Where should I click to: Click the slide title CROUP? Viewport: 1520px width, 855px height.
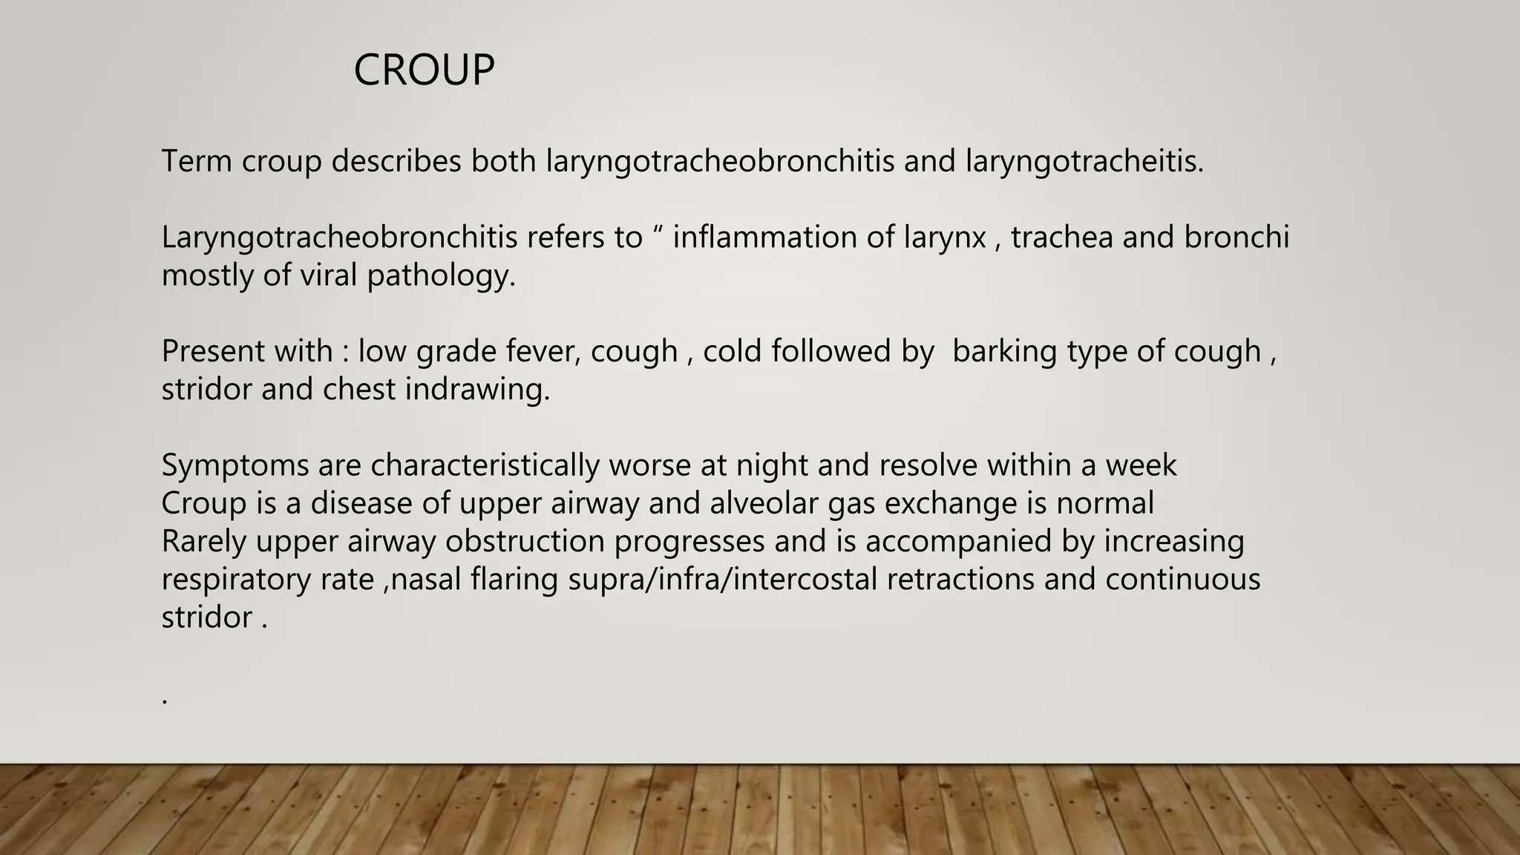coord(424,71)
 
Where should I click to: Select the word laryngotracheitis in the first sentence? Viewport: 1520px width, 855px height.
coord(1084,161)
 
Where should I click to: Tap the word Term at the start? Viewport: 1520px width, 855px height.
coord(197,161)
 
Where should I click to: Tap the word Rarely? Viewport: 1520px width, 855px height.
coord(203,541)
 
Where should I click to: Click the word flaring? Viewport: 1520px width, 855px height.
coord(514,579)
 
